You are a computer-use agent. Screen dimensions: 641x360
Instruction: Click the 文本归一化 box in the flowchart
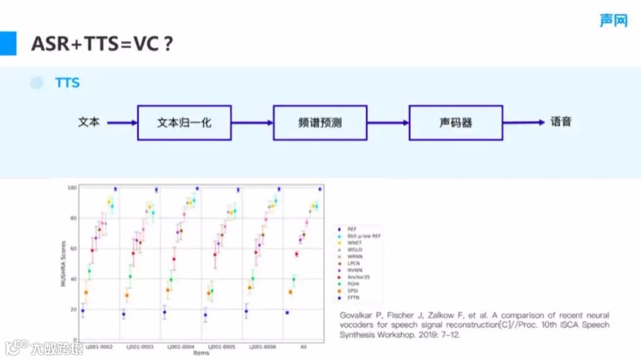tap(184, 123)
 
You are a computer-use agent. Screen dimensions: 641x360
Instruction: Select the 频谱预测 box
tap(320, 123)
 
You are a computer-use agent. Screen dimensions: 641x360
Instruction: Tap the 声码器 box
tap(456, 123)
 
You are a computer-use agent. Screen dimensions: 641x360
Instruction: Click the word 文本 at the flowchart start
tap(88, 122)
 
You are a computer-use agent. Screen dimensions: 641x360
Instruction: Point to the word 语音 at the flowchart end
tap(561, 122)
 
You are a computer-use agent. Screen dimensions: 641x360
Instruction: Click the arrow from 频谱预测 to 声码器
tap(388, 123)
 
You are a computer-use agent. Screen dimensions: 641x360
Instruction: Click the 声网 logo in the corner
tap(613, 20)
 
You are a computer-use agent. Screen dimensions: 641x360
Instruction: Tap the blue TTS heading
tap(67, 83)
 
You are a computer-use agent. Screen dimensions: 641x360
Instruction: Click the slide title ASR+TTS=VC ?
tap(102, 44)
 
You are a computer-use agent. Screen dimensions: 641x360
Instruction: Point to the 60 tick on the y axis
tap(74, 249)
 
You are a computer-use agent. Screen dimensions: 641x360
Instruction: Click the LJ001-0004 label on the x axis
tap(180, 346)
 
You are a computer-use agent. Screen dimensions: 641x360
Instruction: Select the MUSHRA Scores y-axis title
tap(63, 263)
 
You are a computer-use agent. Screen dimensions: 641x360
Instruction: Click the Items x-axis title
tap(201, 353)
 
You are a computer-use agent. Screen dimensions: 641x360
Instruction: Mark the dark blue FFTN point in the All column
tap(287, 313)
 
